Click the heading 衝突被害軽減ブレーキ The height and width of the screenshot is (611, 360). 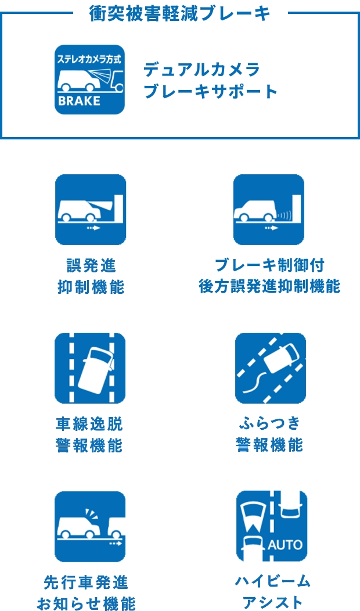(x=179, y=14)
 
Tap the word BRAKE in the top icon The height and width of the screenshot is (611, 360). (x=79, y=101)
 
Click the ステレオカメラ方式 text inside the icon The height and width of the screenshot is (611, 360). (x=89, y=60)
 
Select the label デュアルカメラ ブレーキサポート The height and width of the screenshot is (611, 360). (x=210, y=81)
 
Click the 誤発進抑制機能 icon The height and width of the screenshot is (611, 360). (x=91, y=210)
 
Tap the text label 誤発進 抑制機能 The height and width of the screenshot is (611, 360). (x=91, y=276)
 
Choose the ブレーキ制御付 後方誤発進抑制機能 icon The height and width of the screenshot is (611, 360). (x=269, y=210)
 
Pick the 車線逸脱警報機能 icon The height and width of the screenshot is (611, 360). (x=90, y=368)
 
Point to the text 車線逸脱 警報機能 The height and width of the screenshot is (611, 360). (x=89, y=435)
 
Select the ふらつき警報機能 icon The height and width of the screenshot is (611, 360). (x=271, y=368)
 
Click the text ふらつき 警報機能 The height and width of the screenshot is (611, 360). (x=269, y=435)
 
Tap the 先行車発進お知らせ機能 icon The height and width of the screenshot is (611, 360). (x=90, y=527)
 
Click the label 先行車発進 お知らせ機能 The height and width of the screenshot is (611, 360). (x=86, y=593)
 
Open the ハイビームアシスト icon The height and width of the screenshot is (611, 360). (x=272, y=526)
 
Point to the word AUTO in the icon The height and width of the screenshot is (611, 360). (x=285, y=544)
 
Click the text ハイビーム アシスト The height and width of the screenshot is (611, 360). (x=272, y=592)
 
